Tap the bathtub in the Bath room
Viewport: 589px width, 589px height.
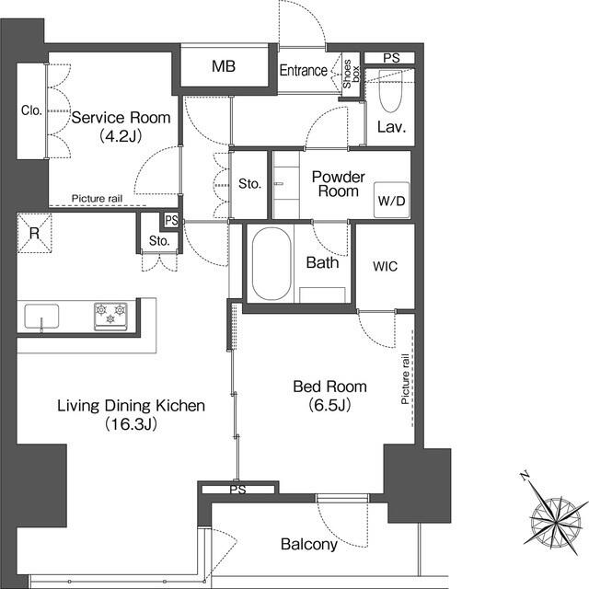pos(271,264)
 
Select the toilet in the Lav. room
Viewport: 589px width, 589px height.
pos(390,90)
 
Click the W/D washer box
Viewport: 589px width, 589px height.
pos(391,201)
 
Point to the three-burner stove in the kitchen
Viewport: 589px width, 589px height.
pos(110,317)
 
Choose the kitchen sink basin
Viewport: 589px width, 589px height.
pos(41,317)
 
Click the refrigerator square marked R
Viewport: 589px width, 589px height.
pos(34,233)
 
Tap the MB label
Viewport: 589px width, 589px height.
pos(224,66)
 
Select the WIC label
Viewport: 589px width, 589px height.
pos(385,266)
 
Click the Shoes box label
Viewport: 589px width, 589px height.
pos(351,74)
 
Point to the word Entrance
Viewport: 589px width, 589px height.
pos(304,70)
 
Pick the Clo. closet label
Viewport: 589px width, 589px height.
pos(31,110)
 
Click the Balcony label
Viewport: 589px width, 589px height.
pos(309,544)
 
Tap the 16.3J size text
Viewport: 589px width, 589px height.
pos(131,424)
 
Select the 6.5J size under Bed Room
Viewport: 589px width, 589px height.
pos(329,405)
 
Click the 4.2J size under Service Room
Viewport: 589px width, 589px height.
pos(121,135)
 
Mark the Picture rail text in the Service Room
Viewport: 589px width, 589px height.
pos(97,199)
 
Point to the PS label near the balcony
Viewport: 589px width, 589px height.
pos(237,490)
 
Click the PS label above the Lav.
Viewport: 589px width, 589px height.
pos(391,58)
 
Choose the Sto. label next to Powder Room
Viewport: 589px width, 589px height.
pos(249,184)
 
